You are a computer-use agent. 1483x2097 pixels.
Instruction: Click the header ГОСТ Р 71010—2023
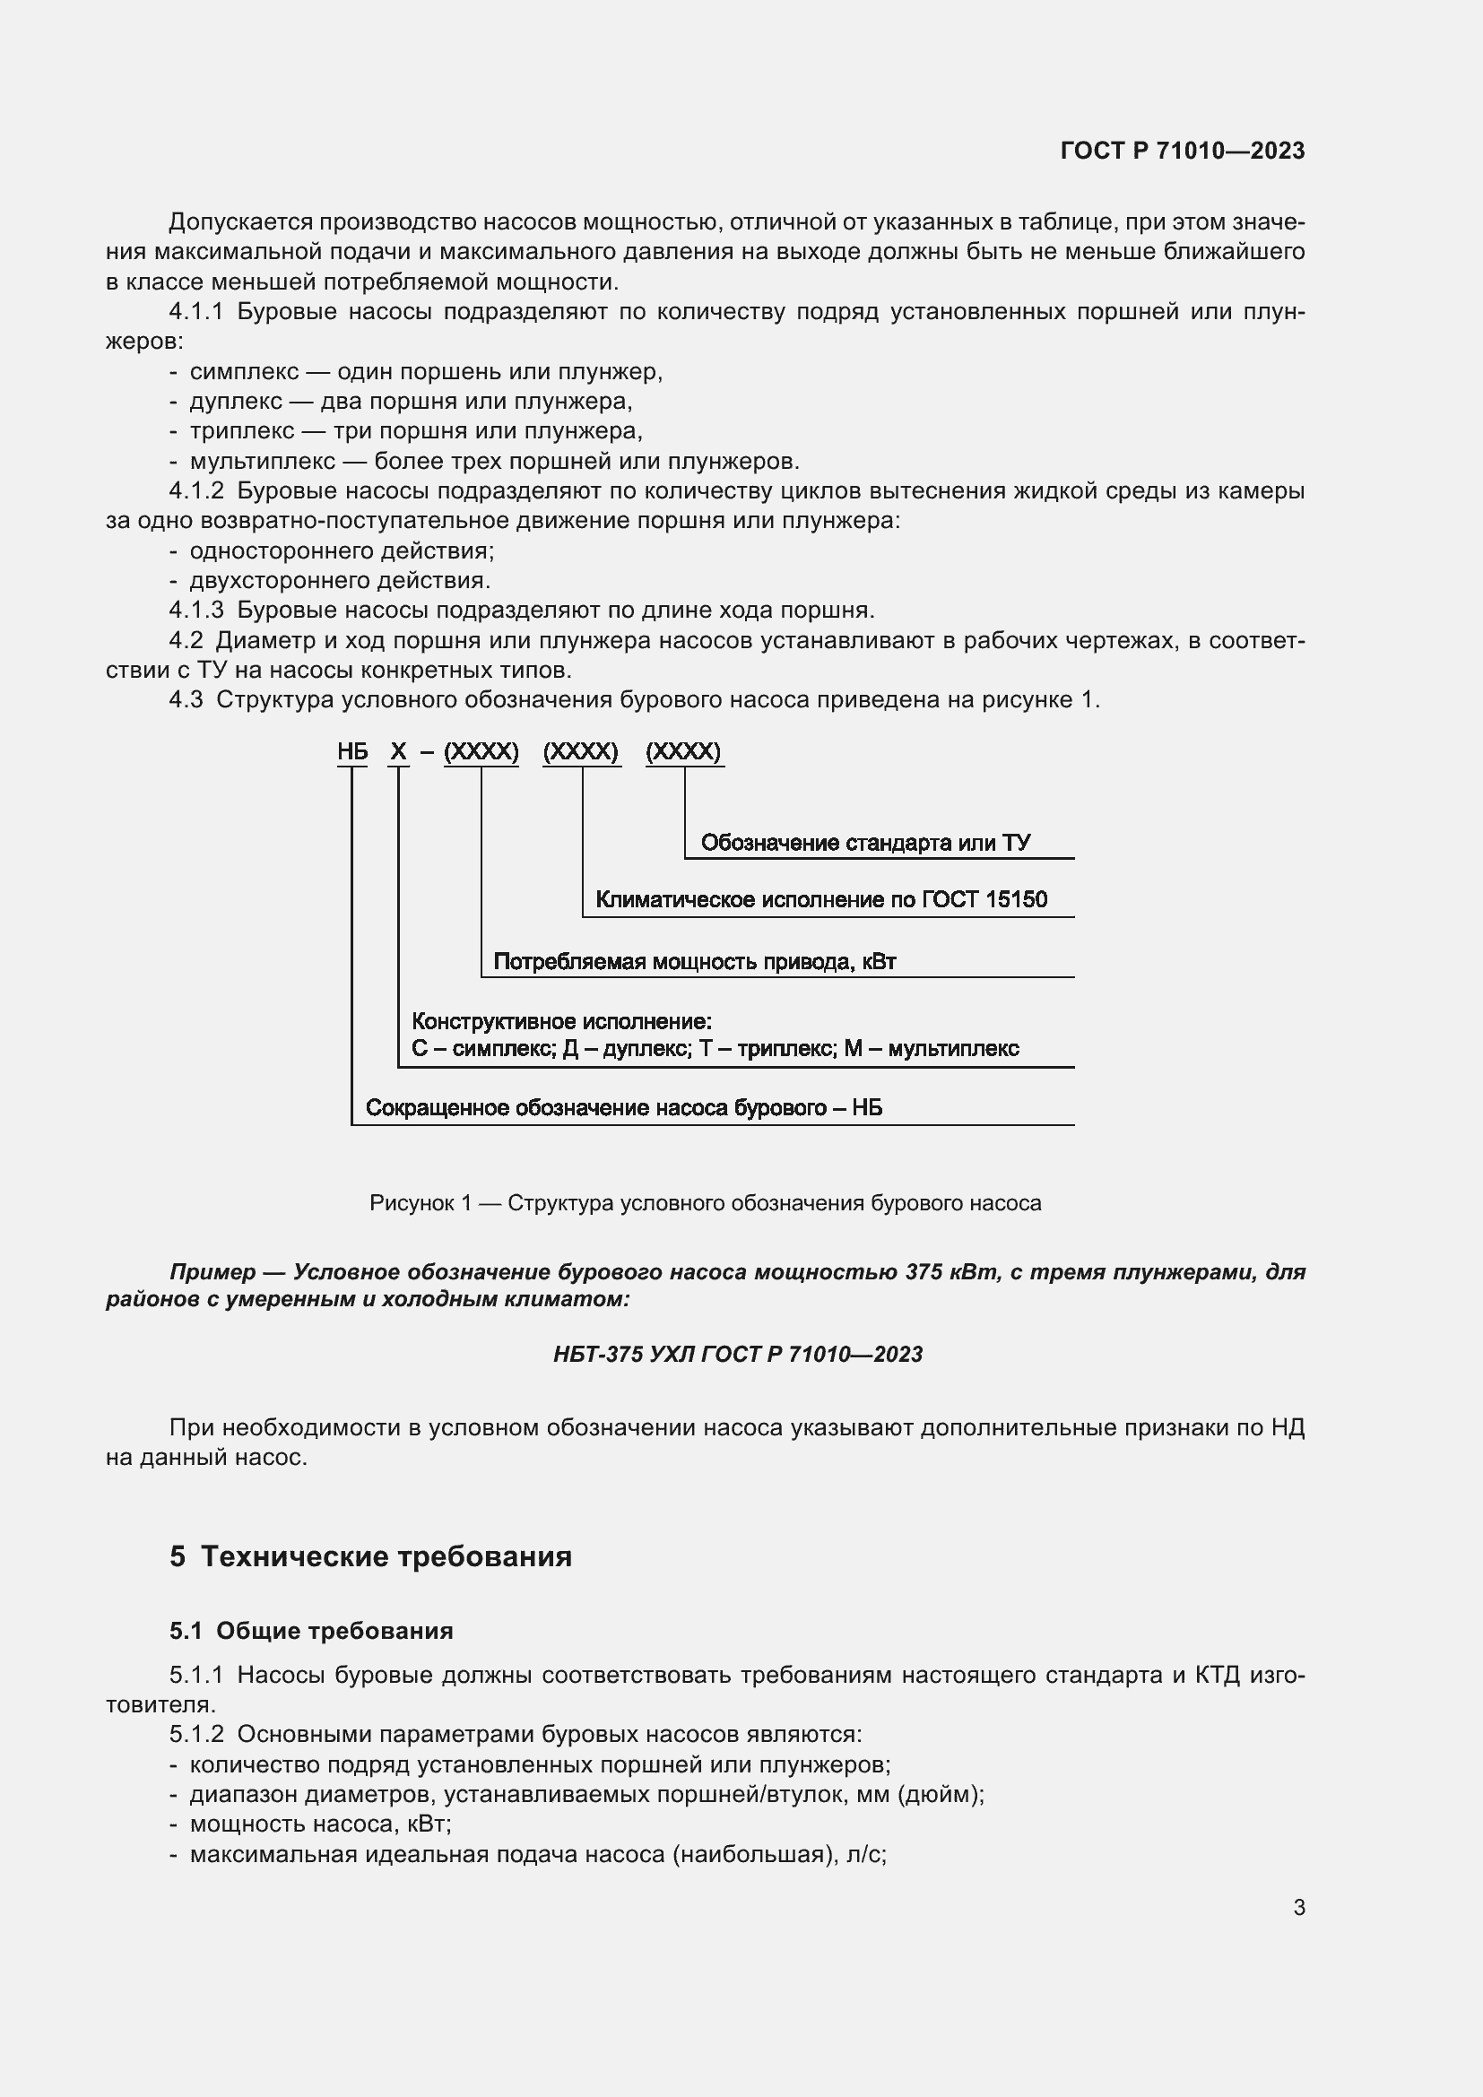tap(1182, 151)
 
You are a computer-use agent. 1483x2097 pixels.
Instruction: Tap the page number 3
tap(1298, 1907)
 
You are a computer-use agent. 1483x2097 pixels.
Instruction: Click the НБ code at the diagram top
tap(352, 751)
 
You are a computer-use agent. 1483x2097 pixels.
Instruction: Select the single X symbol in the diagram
tap(398, 751)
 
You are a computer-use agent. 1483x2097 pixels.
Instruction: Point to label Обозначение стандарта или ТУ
tap(864, 843)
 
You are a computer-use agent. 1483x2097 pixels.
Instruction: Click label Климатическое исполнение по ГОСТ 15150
tap(821, 899)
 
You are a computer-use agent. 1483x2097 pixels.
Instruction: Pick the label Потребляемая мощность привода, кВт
tap(694, 962)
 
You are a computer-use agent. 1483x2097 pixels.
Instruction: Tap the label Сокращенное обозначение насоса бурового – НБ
tap(623, 1108)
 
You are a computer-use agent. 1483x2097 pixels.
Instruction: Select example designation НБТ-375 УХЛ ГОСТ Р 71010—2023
tap(738, 1355)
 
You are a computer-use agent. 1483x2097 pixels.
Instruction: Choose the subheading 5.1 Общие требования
tap(310, 1630)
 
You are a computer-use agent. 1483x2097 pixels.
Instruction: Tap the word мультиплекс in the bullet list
tap(262, 461)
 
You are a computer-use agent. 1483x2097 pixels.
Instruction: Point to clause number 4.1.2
tap(196, 491)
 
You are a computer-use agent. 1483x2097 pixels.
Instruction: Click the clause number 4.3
tap(186, 699)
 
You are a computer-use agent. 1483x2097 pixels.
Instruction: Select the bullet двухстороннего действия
tap(340, 580)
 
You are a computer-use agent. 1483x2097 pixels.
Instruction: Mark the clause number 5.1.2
tap(196, 1734)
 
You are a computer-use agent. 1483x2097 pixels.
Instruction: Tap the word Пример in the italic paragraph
tap(212, 1272)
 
